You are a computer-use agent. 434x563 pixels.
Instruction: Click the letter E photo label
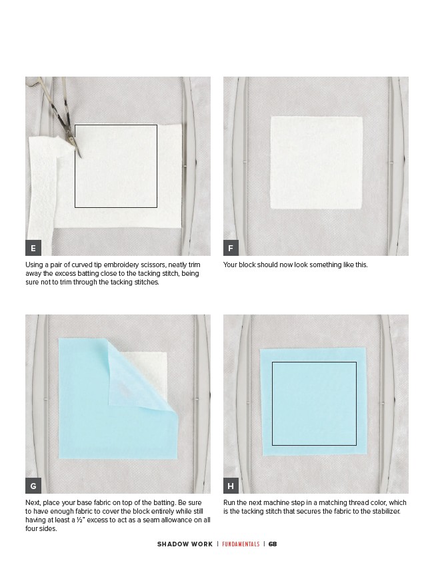33,248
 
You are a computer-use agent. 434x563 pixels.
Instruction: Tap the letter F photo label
231,248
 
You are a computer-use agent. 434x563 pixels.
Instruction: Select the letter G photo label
33,486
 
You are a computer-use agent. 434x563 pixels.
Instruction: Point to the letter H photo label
231,486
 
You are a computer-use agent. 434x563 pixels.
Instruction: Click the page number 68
273,544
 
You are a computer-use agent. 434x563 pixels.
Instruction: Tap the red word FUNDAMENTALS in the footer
241,544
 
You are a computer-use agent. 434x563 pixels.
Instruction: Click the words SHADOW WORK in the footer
185,544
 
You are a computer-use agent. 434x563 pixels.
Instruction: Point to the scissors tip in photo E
81,157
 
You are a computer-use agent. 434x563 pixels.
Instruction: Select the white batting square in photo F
316,163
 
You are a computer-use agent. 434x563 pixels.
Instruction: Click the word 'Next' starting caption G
33,502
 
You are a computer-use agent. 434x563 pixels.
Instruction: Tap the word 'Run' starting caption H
229,502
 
